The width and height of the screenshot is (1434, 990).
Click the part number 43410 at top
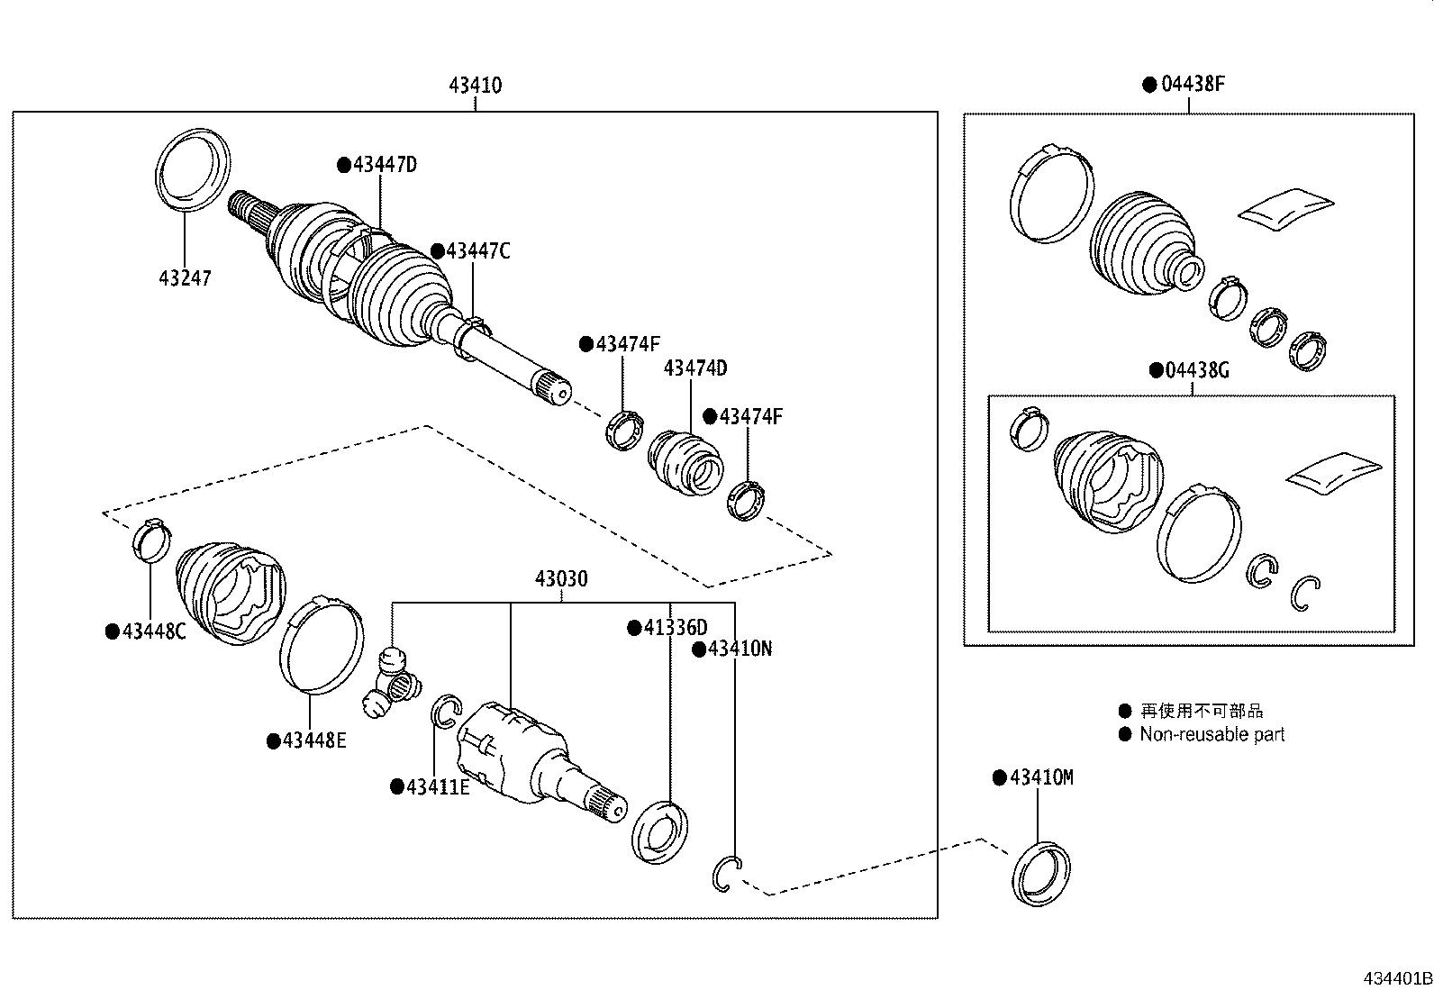click(475, 86)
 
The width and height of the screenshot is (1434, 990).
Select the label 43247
click(185, 278)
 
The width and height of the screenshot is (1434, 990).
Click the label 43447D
click(385, 165)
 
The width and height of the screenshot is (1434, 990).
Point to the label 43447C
click(477, 251)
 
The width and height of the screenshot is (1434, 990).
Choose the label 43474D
click(694, 368)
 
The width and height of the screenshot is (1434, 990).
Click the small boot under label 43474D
click(685, 462)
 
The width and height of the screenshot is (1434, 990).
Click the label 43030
click(561, 579)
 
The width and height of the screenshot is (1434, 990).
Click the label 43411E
click(437, 787)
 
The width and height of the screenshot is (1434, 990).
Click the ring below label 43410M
click(1041, 872)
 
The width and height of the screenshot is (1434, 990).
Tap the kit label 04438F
click(1193, 85)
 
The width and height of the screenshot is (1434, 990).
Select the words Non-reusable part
click(1212, 734)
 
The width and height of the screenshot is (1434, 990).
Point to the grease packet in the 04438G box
click(1334, 473)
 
